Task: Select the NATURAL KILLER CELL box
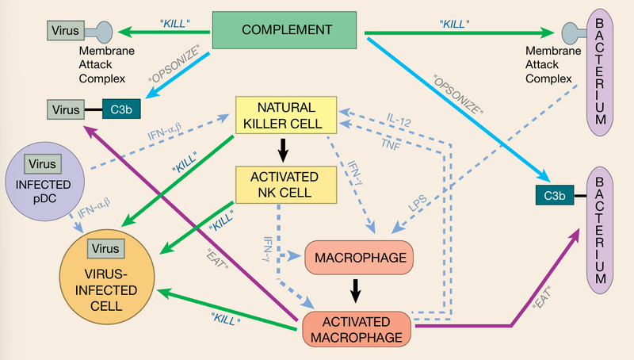click(x=286, y=116)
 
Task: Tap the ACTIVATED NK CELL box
click(x=286, y=184)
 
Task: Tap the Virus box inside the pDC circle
click(x=41, y=165)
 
